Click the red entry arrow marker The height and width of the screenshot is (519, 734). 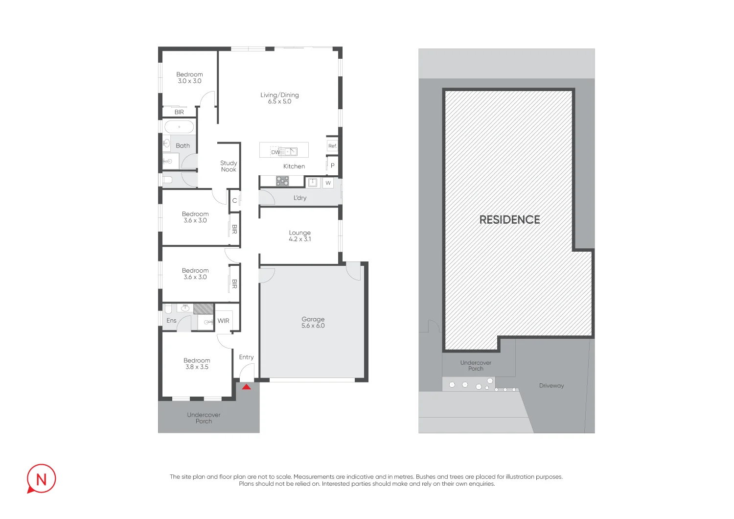247,387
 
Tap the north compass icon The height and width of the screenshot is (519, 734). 41,479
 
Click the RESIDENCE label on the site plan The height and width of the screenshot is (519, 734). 509,220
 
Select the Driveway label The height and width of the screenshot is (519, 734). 551,386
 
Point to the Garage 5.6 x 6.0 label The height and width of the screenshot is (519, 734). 313,322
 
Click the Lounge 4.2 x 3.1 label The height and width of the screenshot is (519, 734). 299,236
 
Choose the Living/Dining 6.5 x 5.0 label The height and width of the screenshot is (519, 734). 279,98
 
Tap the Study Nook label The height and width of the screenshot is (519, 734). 229,166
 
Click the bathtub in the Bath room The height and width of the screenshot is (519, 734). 179,127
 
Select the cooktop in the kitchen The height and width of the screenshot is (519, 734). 282,181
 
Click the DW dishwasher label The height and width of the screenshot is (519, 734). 275,152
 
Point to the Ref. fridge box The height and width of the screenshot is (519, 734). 332,146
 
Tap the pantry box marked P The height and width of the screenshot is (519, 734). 332,165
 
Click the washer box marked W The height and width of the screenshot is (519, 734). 328,183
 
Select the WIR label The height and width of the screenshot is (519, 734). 223,321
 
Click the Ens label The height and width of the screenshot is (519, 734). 171,321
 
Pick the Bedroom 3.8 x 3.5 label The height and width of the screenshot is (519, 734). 197,363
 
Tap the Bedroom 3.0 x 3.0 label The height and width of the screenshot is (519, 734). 189,78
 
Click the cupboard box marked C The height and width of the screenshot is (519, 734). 234,201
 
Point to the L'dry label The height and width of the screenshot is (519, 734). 300,198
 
